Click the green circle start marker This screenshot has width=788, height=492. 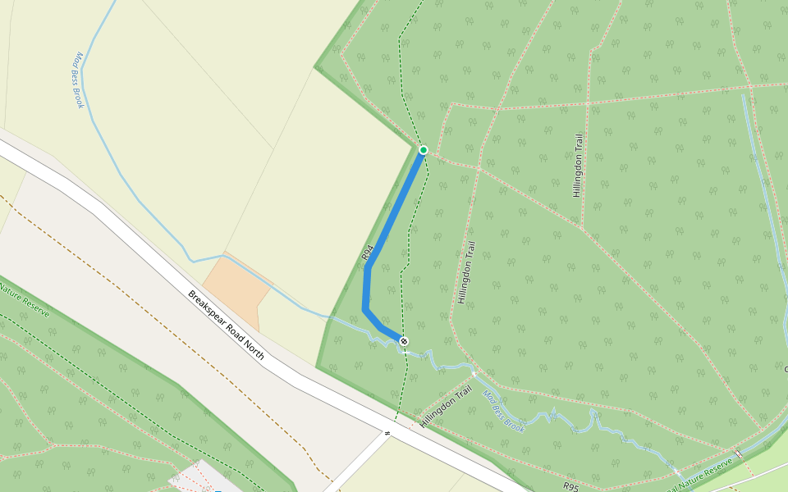[x=424, y=150]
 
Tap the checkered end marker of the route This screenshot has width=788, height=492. [x=403, y=340]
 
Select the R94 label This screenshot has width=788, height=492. [x=368, y=253]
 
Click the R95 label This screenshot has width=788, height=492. [x=571, y=486]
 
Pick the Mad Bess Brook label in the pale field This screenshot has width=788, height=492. [x=80, y=80]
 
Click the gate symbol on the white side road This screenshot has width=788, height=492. [x=386, y=433]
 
